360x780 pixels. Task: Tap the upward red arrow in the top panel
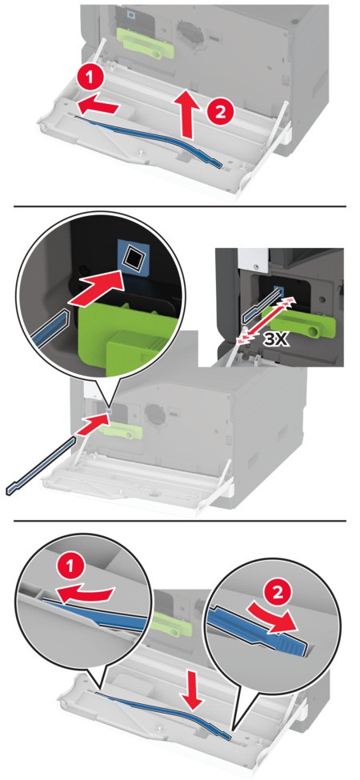[x=187, y=112]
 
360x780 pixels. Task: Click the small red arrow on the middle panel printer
[x=94, y=423]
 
